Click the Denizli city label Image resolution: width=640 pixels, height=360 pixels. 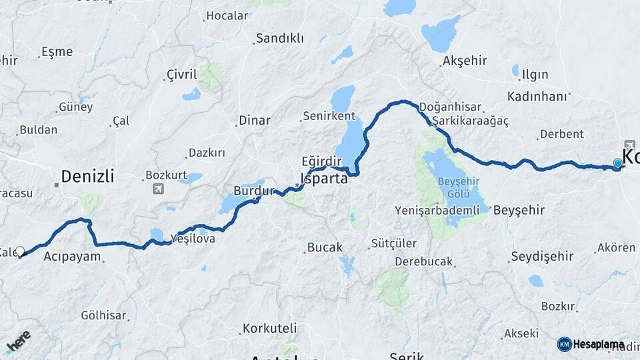[x=87, y=177]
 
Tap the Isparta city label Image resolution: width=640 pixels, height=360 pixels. [x=325, y=179]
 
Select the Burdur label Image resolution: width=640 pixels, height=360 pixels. [x=253, y=190]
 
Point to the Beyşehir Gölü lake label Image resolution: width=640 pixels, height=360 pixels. [x=458, y=187]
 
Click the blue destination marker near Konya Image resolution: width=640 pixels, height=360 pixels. [x=618, y=163]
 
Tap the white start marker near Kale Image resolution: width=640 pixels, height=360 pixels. [x=20, y=251]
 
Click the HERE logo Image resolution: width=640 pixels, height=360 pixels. [x=17, y=341]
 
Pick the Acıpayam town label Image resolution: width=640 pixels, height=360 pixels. [x=72, y=256]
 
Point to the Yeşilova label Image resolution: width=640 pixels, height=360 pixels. [x=193, y=238]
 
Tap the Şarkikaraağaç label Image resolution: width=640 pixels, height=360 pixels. [x=470, y=121]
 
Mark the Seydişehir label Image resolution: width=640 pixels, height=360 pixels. [x=542, y=256]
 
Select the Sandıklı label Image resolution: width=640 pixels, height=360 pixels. [x=279, y=39]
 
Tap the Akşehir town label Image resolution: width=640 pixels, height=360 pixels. [x=465, y=61]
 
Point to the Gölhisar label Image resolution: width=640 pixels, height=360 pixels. [x=104, y=315]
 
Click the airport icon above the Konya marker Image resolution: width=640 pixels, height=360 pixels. [x=630, y=145]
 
